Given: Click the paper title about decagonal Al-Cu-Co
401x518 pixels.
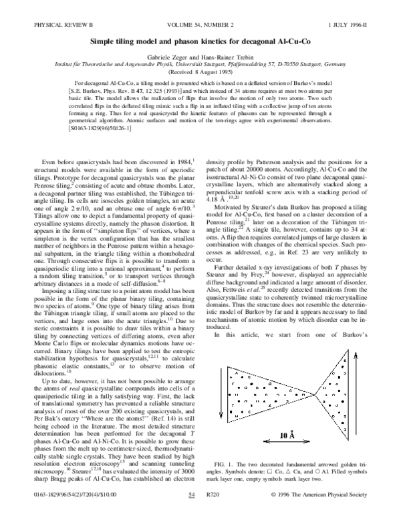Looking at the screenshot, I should point(200,22).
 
